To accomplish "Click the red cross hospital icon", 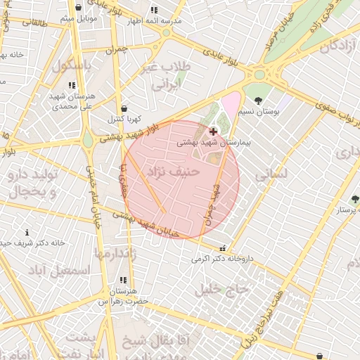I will pos(213,131).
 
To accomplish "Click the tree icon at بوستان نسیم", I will pos(258,101).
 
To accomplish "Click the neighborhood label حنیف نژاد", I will pos(174,171).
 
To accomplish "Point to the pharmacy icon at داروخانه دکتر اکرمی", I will pos(223,247).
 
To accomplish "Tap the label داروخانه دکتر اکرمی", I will pos(220,258).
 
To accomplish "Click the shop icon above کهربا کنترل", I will pos(124,109).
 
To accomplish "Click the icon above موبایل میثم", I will pos(78,8).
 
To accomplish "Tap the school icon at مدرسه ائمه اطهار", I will pos(154,10).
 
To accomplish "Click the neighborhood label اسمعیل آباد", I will pos(60,270).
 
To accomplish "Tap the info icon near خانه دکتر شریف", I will pos(27,232).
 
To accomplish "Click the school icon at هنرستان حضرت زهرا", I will pos(124,280).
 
